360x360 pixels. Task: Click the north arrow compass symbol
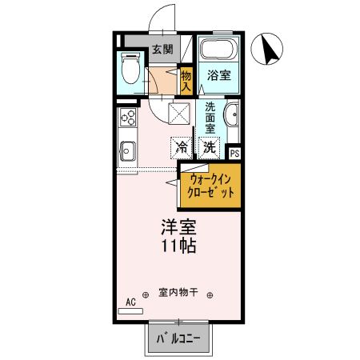[269, 51]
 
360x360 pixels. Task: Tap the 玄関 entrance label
[163, 50]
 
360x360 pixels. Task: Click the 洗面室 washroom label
[210, 118]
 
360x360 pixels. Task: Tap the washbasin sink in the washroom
[231, 116]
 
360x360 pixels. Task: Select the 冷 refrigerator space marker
[182, 147]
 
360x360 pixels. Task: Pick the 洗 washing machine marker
[209, 147]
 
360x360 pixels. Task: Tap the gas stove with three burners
[128, 118]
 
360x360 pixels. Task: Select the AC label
[130, 302]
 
